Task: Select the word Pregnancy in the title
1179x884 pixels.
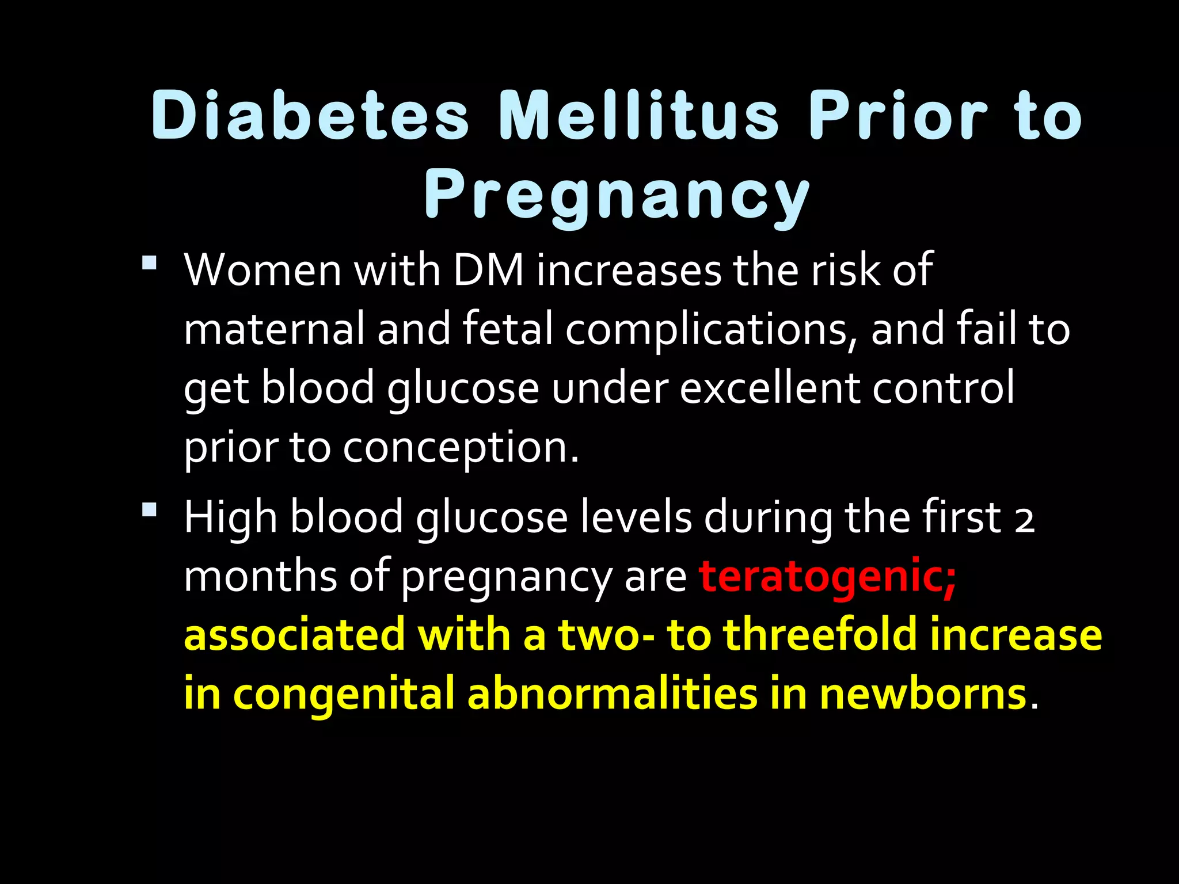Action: click(617, 196)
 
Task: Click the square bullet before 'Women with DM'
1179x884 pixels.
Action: click(149, 264)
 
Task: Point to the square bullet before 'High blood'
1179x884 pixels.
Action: click(149, 510)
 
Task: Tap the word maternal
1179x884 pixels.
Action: click(274, 329)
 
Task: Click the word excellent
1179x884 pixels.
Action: click(769, 387)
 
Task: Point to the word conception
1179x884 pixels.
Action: click(461, 448)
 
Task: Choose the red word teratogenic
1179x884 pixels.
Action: click(827, 577)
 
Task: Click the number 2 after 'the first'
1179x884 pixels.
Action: click(1025, 519)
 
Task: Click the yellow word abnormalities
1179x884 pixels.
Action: click(613, 694)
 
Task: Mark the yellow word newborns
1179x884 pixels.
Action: click(923, 694)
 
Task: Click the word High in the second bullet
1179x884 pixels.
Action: click(230, 518)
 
